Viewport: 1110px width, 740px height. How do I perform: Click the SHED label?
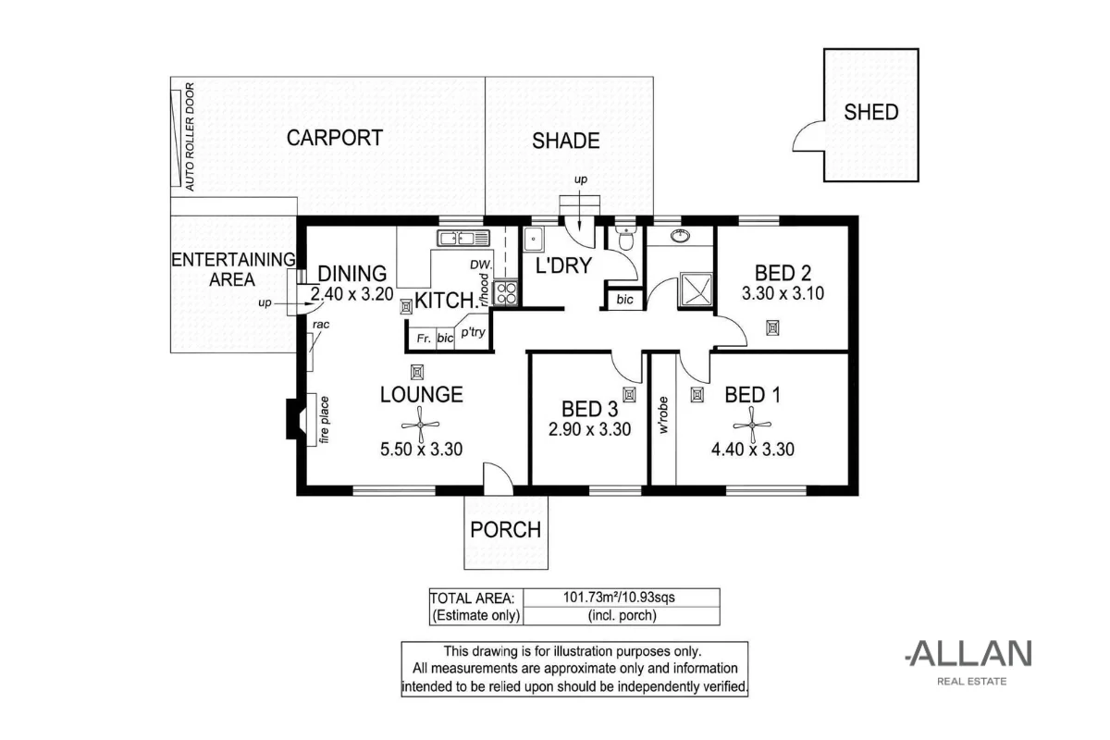(x=870, y=112)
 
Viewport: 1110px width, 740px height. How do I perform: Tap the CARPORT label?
(x=334, y=138)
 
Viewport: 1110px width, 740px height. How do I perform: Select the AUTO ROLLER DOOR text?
(x=190, y=137)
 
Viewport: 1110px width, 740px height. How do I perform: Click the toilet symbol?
(x=625, y=240)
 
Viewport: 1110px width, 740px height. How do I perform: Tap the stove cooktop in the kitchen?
(x=507, y=293)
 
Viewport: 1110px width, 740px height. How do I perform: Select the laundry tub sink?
(x=534, y=240)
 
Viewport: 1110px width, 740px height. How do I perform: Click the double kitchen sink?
(x=457, y=239)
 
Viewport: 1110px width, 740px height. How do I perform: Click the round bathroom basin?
(x=682, y=235)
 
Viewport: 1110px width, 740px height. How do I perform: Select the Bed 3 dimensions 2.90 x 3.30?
(x=589, y=429)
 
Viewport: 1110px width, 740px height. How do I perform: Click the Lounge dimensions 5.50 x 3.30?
(x=421, y=450)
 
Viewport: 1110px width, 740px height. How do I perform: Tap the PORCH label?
(x=505, y=530)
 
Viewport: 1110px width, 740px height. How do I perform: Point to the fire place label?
(x=325, y=420)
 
